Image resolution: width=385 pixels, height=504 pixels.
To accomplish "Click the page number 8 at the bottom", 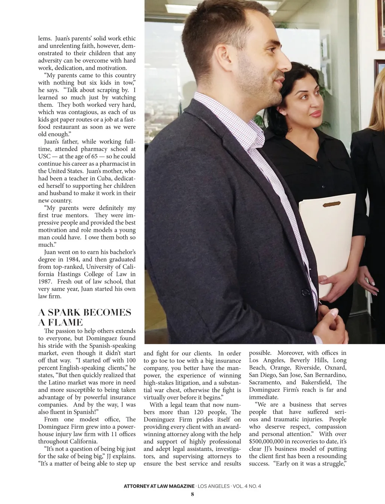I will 192,494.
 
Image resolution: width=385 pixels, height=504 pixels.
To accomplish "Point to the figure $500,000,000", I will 267,441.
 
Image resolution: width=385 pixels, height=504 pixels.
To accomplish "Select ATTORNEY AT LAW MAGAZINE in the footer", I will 159,486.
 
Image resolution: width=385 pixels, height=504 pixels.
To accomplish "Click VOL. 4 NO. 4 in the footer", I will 247,486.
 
